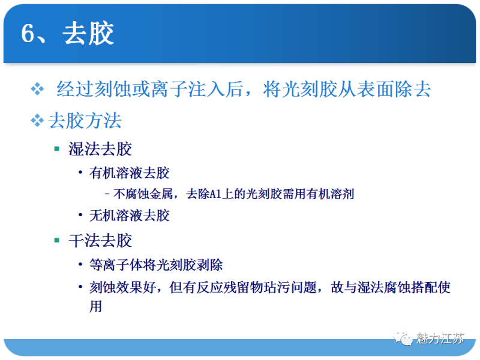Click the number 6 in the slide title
[x=29, y=34]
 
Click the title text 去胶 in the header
[x=88, y=34]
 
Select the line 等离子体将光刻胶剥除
[x=156, y=265]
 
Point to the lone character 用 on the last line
[x=96, y=306]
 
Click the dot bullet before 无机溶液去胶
[x=80, y=215]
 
